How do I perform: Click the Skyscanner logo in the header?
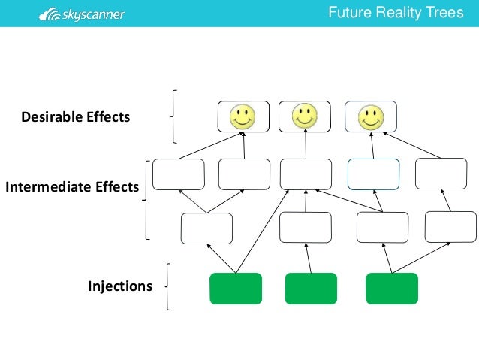(x=82, y=14)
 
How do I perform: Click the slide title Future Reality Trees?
(x=396, y=13)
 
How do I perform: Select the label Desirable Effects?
(x=76, y=117)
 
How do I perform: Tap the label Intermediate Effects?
(x=72, y=187)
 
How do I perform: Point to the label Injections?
(x=120, y=286)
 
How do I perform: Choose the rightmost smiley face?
(x=370, y=116)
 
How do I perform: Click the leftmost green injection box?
(x=236, y=289)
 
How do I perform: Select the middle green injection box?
(x=311, y=289)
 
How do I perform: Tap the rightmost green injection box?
(x=392, y=289)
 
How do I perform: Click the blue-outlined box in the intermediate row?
(x=373, y=174)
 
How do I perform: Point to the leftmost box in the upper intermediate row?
(x=179, y=174)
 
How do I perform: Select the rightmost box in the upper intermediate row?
(x=441, y=174)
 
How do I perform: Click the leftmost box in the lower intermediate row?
(x=207, y=228)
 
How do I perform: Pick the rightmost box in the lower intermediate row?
(x=450, y=227)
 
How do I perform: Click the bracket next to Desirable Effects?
(x=174, y=116)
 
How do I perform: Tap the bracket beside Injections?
(x=167, y=286)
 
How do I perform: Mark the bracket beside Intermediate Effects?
(x=146, y=199)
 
